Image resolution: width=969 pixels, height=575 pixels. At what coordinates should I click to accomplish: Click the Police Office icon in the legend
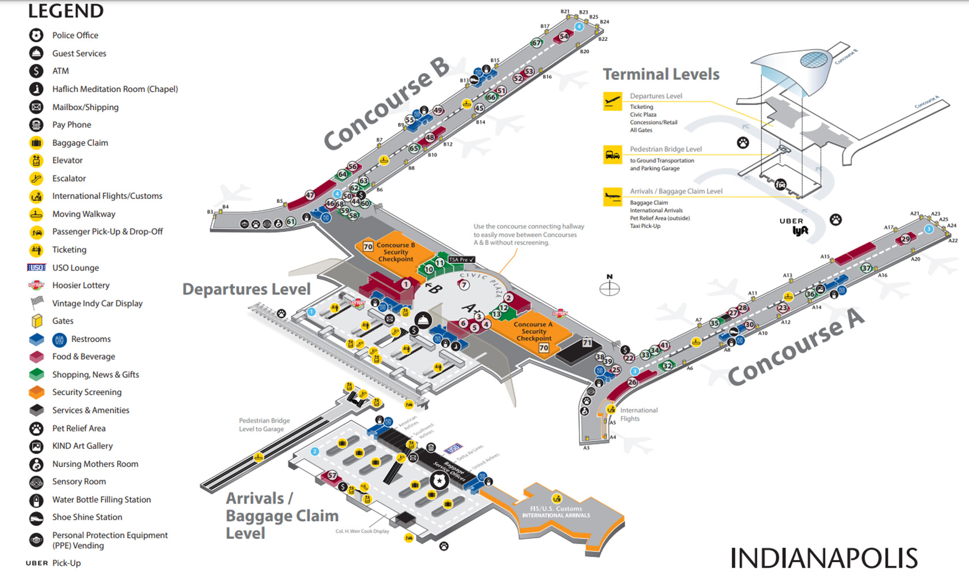(x=36, y=35)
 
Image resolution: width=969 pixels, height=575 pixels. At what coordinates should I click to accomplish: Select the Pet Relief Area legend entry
(x=78, y=428)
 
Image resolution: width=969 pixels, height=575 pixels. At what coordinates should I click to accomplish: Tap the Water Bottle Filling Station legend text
(x=102, y=499)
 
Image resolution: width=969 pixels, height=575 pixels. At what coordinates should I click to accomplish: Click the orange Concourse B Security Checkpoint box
(x=396, y=252)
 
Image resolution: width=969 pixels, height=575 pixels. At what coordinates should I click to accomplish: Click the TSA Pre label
(x=461, y=260)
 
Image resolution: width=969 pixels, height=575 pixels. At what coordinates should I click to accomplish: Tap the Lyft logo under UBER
(x=800, y=231)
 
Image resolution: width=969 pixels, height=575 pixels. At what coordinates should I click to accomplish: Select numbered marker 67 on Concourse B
(x=537, y=43)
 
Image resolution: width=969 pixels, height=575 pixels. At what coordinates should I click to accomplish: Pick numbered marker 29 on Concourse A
(x=906, y=239)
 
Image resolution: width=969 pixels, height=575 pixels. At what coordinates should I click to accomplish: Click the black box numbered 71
(x=587, y=343)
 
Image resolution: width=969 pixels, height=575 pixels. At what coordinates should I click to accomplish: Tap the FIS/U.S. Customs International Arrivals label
(x=556, y=512)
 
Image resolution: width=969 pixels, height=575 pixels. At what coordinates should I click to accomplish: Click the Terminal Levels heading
(x=661, y=74)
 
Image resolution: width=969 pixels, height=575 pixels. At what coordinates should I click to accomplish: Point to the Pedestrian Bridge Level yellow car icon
(x=612, y=155)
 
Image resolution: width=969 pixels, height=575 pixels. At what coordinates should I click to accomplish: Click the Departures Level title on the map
(x=246, y=289)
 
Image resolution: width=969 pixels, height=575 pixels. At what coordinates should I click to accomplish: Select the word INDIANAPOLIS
(x=824, y=558)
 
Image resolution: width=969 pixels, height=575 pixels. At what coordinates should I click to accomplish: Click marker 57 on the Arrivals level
(x=332, y=475)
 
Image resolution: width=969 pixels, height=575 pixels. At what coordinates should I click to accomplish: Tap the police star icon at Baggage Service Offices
(x=440, y=480)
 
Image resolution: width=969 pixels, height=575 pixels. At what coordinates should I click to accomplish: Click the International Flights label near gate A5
(x=639, y=414)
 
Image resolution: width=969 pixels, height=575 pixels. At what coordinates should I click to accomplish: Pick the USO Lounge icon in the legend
(x=36, y=268)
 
